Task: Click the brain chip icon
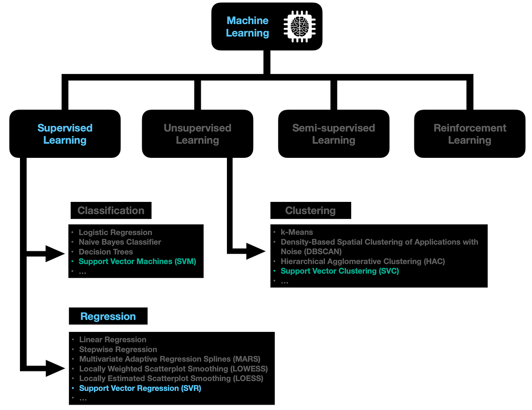click(x=299, y=27)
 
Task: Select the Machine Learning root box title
click(x=247, y=27)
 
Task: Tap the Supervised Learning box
click(x=65, y=134)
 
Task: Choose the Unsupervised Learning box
click(x=197, y=134)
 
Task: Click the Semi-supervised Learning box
click(x=333, y=134)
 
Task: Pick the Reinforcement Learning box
click(x=470, y=134)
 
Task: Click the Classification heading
click(x=111, y=211)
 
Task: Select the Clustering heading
click(x=310, y=211)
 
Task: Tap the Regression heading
click(x=108, y=317)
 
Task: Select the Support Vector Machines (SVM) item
click(x=137, y=261)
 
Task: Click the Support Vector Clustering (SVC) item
click(x=340, y=271)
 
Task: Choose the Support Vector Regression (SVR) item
click(x=140, y=388)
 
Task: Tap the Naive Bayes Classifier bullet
click(x=120, y=242)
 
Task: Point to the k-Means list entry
click(x=297, y=232)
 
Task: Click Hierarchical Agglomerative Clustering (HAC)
click(x=362, y=261)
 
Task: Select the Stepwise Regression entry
click(x=118, y=349)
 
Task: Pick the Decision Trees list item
click(x=106, y=252)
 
